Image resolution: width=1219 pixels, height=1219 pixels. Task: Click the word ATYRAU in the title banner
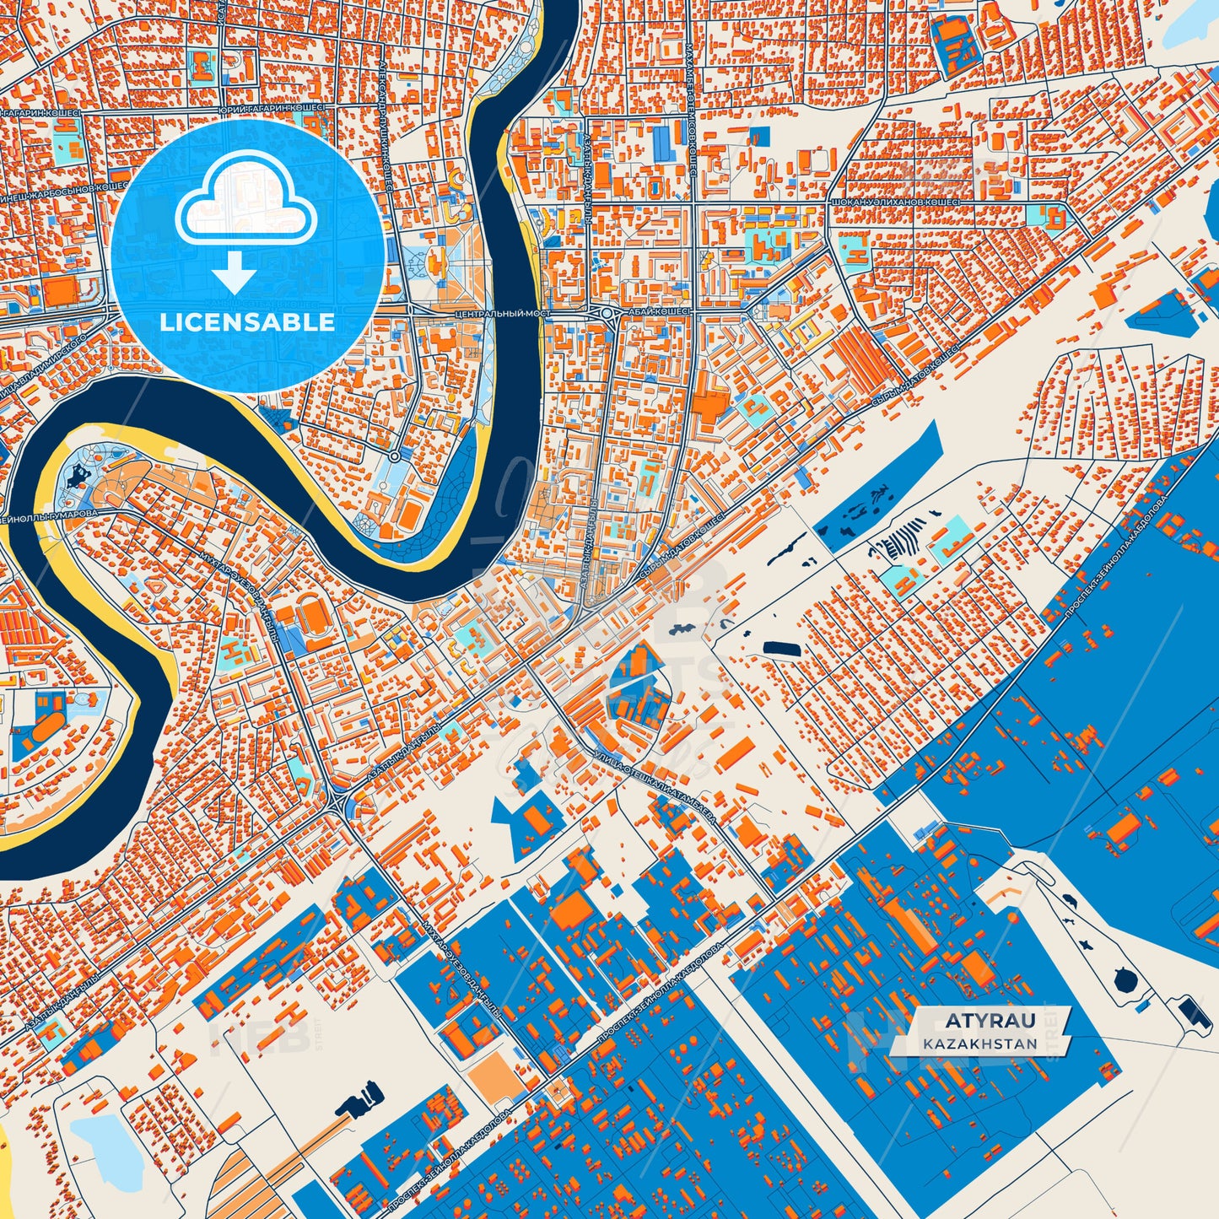[978, 1021]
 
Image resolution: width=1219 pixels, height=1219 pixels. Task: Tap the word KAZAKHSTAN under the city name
[979, 1044]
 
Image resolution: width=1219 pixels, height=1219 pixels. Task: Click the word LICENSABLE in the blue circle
[247, 322]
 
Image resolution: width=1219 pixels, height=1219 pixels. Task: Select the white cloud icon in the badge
[245, 207]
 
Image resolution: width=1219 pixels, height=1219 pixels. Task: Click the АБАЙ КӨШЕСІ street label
[658, 311]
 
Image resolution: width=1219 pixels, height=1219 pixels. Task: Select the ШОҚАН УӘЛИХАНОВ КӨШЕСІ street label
[895, 203]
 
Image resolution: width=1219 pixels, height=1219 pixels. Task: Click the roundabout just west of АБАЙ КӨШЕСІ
[607, 313]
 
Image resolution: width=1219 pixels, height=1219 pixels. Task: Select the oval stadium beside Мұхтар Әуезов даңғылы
[314, 618]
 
